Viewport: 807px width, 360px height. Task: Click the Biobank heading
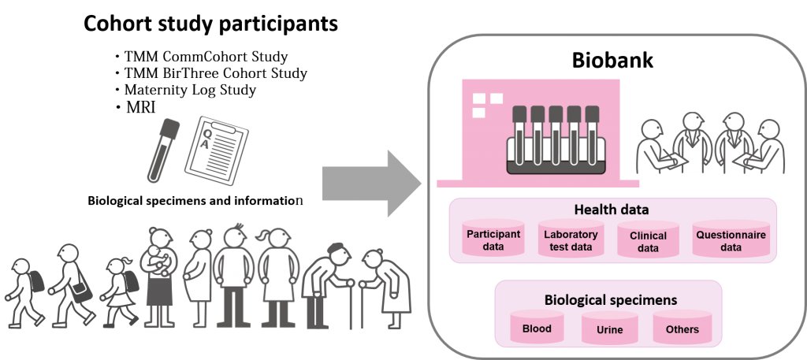click(x=612, y=60)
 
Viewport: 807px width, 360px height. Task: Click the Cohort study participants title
click(x=211, y=23)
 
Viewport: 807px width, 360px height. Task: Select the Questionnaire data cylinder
click(x=731, y=239)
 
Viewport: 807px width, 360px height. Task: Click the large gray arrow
click(x=372, y=183)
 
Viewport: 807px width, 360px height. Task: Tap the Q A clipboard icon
click(x=217, y=151)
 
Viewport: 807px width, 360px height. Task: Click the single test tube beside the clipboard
click(x=163, y=150)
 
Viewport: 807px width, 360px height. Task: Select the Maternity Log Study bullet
click(x=185, y=90)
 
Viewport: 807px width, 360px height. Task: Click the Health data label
click(x=612, y=210)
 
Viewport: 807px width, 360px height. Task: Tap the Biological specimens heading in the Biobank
click(x=611, y=299)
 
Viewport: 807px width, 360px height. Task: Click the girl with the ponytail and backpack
click(x=121, y=291)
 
